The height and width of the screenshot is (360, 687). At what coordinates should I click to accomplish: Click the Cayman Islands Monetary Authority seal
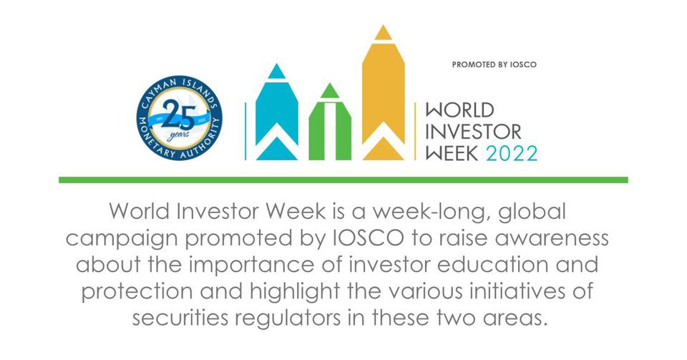180,116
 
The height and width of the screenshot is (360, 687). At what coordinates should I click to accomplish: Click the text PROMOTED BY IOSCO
494,64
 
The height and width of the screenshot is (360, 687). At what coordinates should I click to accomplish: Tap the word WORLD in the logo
460,111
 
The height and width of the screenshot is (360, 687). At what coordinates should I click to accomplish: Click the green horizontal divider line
343,179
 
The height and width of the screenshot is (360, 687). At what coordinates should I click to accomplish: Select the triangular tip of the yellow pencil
384,33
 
